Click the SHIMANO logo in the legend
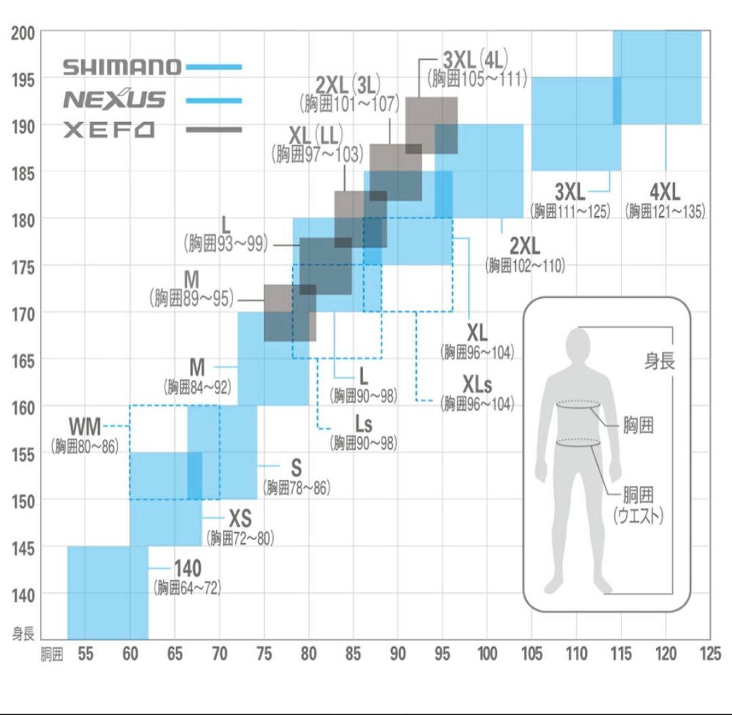(122, 67)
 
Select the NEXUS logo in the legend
(114, 100)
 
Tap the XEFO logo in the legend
(109, 129)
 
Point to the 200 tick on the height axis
(23, 33)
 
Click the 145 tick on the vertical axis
(23, 547)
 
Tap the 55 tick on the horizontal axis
(85, 654)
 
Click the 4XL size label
(664, 191)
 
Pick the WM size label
(85, 427)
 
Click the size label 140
(188, 568)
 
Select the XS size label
(239, 519)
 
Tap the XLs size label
(477, 385)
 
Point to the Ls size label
(363, 424)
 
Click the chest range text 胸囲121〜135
(665, 211)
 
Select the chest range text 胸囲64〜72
(188, 588)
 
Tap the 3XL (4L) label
(476, 58)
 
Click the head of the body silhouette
(579, 341)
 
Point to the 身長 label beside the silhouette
(659, 361)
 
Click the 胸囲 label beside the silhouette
(638, 426)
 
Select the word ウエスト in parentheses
(638, 516)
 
